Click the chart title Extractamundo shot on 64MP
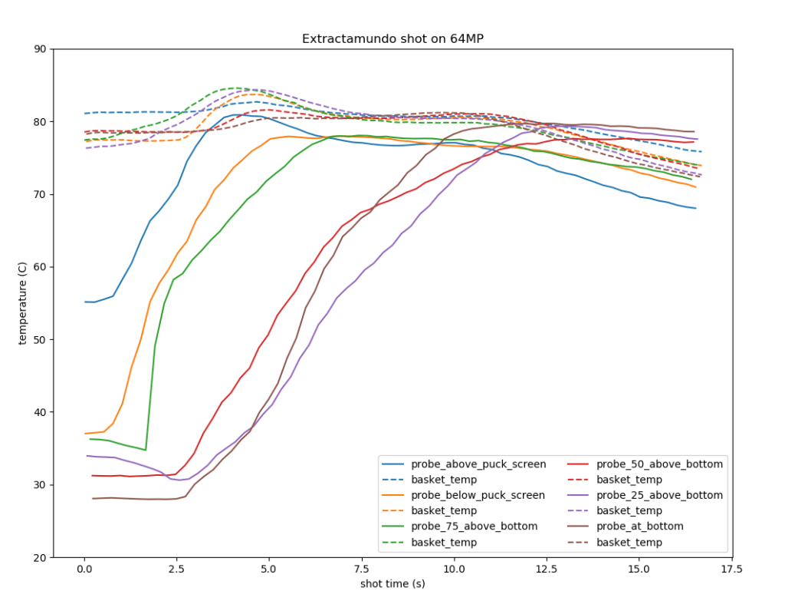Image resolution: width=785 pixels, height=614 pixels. coord(392,39)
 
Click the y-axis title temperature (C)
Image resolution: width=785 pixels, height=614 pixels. coord(24,302)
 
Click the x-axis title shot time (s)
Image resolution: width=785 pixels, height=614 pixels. coord(392,583)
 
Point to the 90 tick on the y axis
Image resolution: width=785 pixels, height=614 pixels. coord(39,49)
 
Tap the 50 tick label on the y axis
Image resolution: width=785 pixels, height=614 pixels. coord(39,339)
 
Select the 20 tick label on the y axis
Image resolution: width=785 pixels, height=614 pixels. coord(39,557)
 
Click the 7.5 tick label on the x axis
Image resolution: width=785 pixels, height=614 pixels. coord(362,570)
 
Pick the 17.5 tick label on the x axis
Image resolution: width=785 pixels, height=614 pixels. coord(732,570)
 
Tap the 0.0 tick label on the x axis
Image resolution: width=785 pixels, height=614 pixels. coord(84,570)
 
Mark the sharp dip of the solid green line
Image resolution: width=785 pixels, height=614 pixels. coord(145,450)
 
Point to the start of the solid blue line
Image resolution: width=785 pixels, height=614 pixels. coord(85,302)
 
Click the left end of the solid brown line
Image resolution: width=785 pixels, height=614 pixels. coord(93,498)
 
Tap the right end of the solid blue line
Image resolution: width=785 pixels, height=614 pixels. coord(695,208)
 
